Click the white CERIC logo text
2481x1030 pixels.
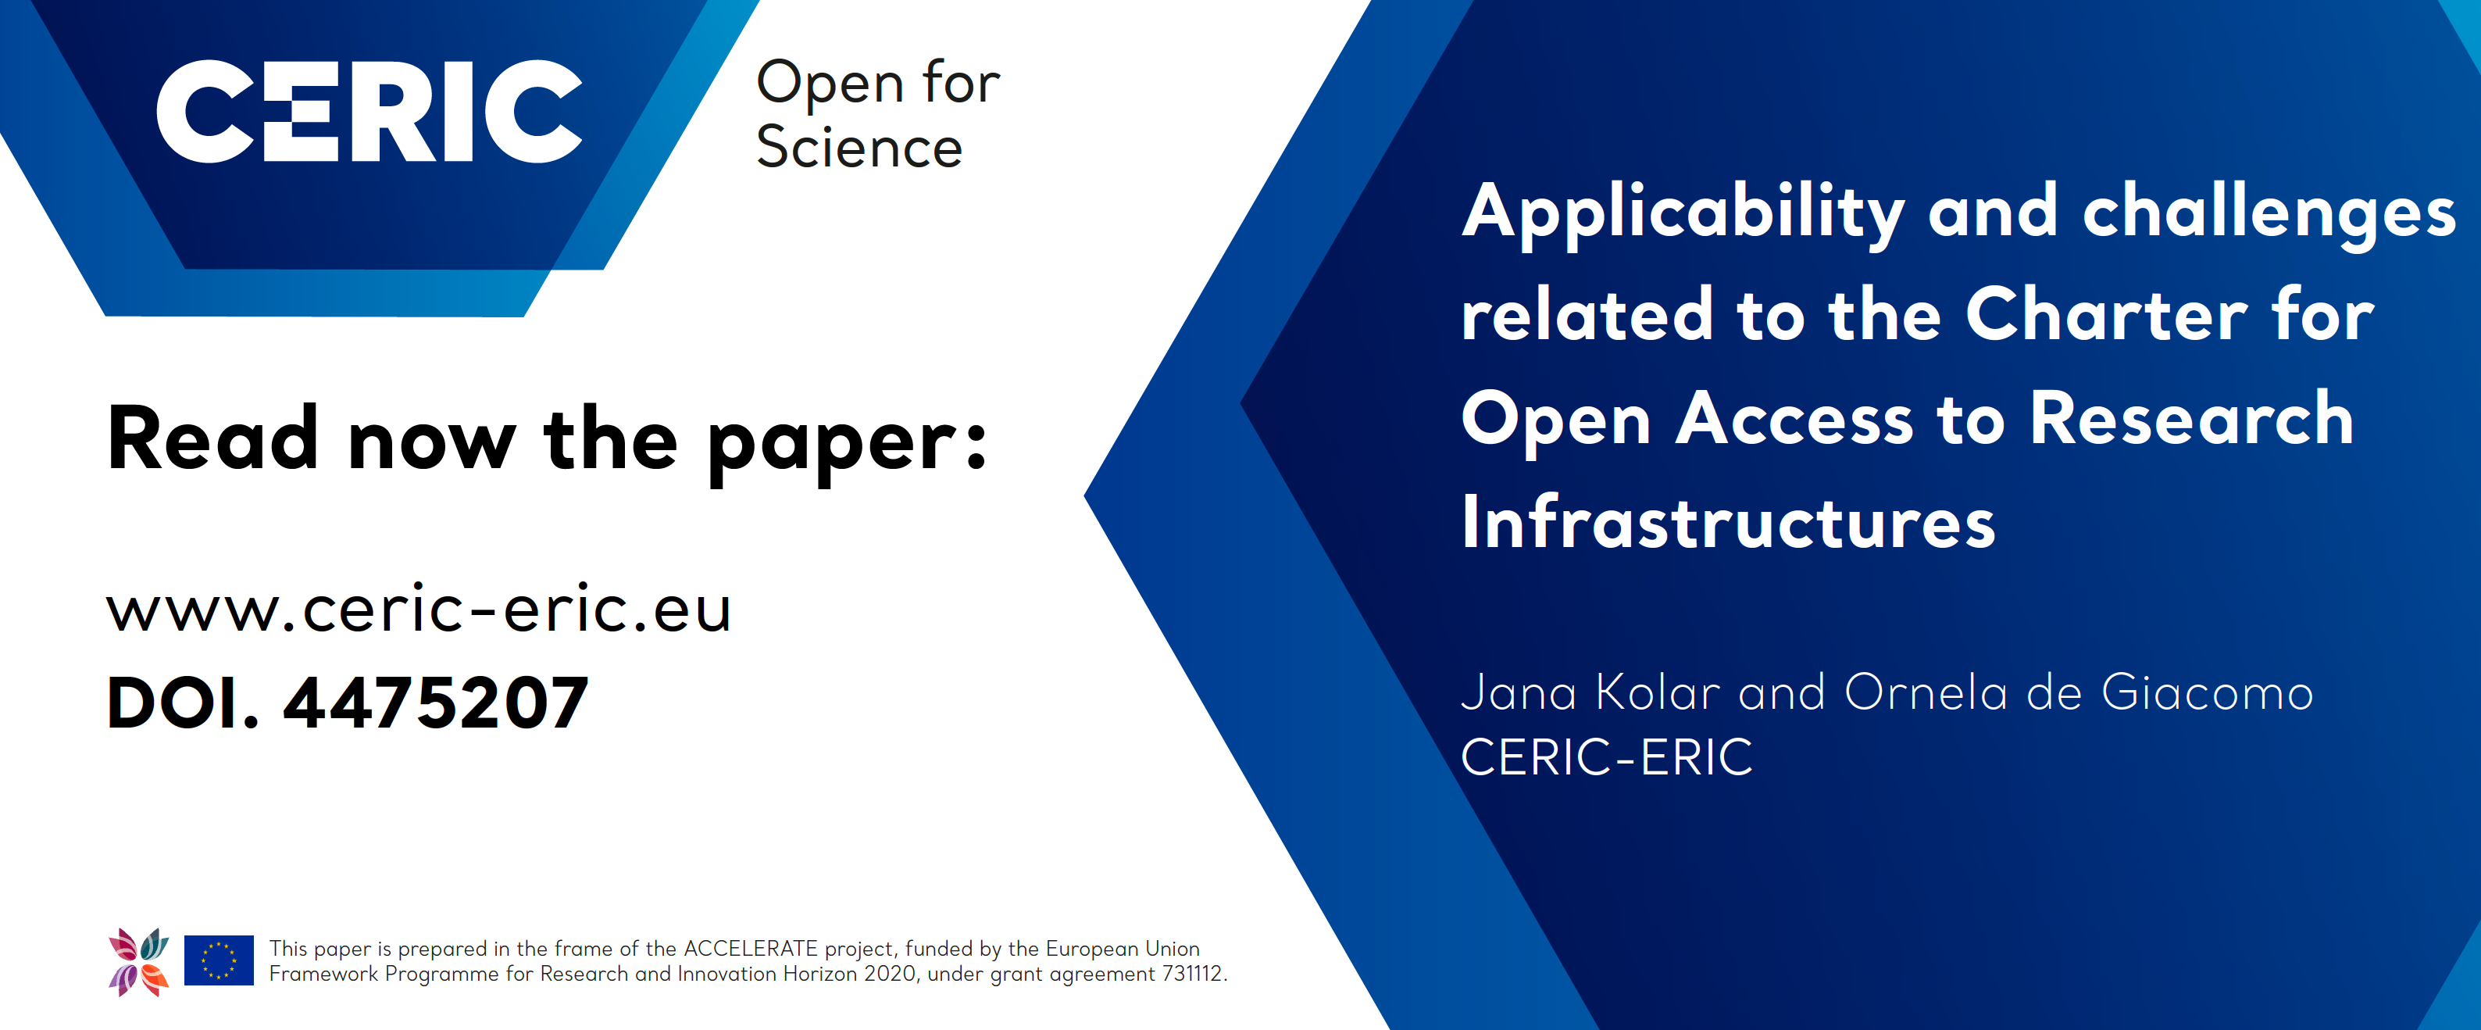pyautogui.click(x=369, y=111)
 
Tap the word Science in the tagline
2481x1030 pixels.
pyautogui.click(x=859, y=148)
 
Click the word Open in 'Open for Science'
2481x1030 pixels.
pyautogui.click(x=830, y=83)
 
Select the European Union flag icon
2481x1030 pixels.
pyautogui.click(x=219, y=960)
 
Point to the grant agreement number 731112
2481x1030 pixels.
pyautogui.click(x=1192, y=974)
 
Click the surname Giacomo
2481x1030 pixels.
pyautogui.click(x=2208, y=692)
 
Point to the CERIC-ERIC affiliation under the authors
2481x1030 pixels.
pyautogui.click(x=1607, y=757)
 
